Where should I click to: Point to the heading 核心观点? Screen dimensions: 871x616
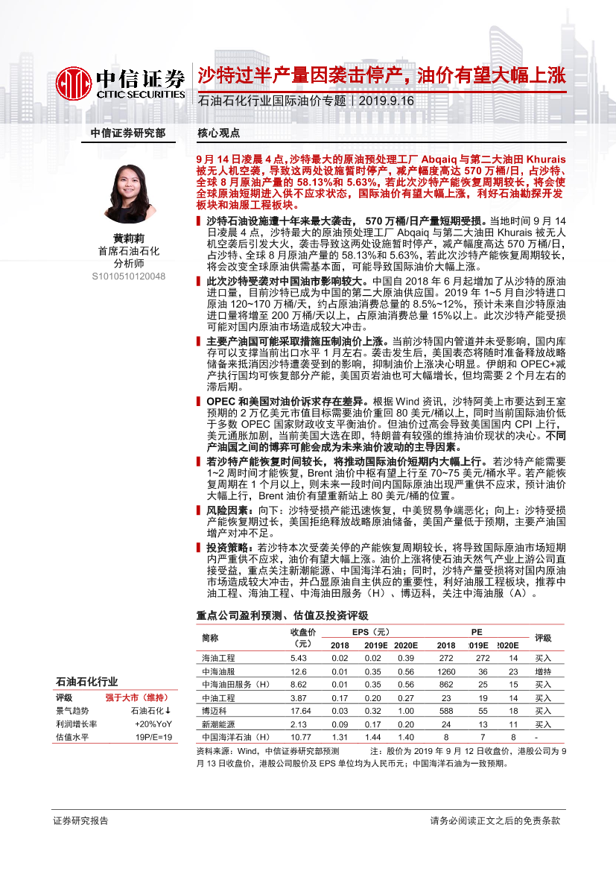coord(218,133)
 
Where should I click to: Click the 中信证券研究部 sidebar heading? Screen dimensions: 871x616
coord(128,133)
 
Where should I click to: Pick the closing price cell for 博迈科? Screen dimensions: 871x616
coord(298,711)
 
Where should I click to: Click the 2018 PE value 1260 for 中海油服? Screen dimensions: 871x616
coord(446,671)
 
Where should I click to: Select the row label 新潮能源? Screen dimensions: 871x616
coord(218,724)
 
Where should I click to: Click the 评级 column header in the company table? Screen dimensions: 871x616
coord(543,638)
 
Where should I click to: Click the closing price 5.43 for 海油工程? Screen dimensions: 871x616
coord(298,658)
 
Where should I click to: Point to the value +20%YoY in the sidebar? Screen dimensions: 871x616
coord(154,723)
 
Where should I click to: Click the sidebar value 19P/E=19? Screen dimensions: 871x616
coord(155,737)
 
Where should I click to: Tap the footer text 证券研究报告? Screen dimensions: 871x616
coord(80,820)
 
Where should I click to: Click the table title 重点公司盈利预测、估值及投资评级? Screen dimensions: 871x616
coord(282,615)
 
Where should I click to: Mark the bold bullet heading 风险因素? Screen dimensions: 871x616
coord(227,510)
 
